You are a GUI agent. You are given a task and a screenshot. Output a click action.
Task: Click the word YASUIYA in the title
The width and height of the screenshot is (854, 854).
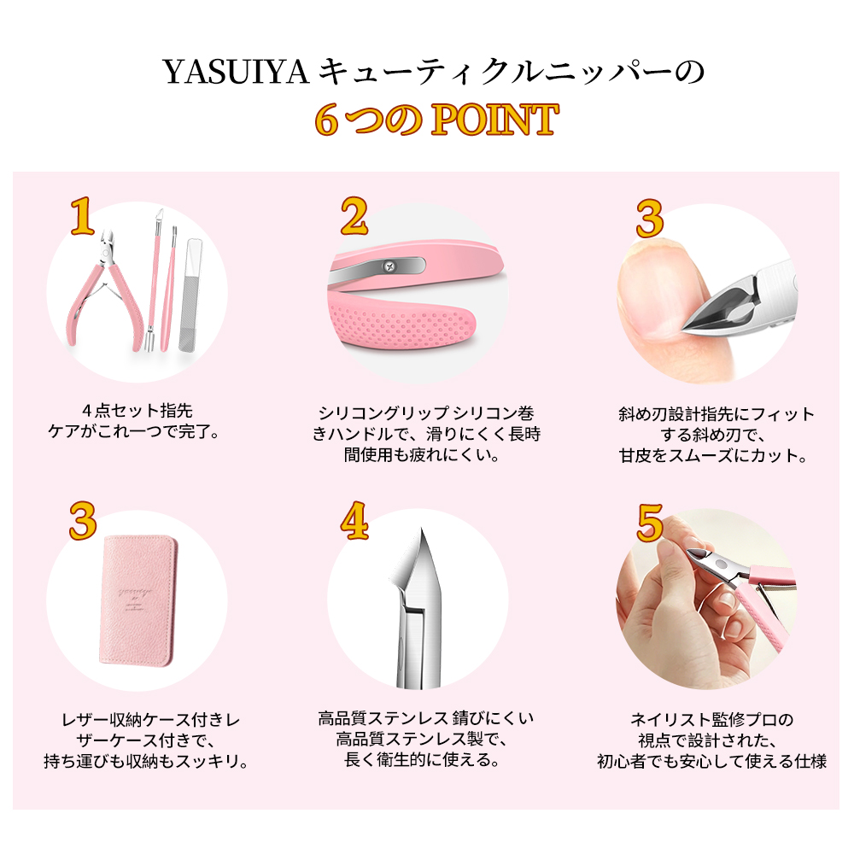(237, 72)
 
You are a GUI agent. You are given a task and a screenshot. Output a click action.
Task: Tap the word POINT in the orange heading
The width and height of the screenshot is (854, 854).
(494, 120)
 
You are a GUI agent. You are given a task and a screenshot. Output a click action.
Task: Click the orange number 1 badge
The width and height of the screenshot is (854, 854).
(82, 216)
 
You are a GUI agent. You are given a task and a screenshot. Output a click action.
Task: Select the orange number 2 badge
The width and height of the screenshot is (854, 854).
(354, 216)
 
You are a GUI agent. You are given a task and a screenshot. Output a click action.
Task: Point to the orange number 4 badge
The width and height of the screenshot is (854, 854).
(354, 520)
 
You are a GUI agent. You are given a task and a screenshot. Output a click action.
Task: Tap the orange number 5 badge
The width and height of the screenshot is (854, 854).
(650, 523)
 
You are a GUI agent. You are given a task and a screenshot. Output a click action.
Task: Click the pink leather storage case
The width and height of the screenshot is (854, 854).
(139, 600)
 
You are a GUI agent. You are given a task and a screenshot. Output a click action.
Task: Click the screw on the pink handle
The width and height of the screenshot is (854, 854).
(389, 266)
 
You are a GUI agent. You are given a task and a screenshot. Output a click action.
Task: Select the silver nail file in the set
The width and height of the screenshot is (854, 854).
(190, 294)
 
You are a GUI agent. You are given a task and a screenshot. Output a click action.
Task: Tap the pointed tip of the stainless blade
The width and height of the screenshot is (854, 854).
(421, 529)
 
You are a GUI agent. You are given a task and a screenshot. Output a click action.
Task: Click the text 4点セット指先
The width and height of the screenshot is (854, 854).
(137, 410)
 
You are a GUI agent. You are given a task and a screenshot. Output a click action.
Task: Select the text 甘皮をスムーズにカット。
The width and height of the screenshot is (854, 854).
(713, 455)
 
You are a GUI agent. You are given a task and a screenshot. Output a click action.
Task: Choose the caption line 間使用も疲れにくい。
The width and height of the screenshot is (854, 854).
(422, 454)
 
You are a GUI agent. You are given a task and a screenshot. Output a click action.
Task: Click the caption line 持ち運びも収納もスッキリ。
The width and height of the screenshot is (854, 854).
(146, 761)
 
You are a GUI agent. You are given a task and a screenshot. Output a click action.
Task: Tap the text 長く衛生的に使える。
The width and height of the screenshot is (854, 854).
(422, 758)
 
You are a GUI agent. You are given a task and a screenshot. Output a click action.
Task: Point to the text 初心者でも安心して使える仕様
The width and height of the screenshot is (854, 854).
(711, 761)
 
